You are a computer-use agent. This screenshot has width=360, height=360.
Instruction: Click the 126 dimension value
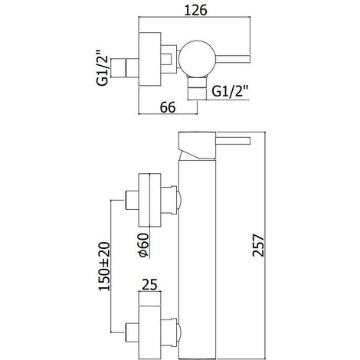coord(195,11)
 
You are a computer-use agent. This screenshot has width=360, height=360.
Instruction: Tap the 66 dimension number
coord(168,107)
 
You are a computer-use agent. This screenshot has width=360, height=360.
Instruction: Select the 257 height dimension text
coord(258,245)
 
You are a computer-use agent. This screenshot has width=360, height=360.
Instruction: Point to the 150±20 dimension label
coord(104,267)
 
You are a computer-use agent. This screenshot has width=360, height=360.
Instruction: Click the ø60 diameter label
coord(142,244)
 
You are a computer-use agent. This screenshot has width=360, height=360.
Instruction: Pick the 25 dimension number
coord(149,285)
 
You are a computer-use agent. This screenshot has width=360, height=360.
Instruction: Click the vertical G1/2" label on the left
coord(103,67)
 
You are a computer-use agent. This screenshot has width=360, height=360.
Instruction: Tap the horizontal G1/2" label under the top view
coord(231,91)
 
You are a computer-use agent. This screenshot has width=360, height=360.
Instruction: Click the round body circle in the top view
coord(197,58)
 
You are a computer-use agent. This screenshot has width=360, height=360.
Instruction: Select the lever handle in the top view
coord(233,58)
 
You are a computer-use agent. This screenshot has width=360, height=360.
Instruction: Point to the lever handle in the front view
coord(233,141)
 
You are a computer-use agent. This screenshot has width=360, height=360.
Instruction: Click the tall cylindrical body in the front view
coord(197,259)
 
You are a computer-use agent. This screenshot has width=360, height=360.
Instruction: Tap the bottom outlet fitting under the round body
coord(197,88)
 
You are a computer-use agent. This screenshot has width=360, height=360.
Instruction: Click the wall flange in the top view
coord(149,59)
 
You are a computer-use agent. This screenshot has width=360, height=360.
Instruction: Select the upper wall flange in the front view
coord(149,200)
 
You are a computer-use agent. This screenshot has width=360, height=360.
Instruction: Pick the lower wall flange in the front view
coord(149,332)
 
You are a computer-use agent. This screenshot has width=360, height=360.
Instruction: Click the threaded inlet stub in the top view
coord(125,67)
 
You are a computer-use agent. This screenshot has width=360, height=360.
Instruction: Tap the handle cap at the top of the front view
coord(197,146)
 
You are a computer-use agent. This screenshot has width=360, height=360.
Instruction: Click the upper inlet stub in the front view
coord(132,200)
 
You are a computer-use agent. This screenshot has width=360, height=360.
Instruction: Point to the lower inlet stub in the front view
coord(132,332)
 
